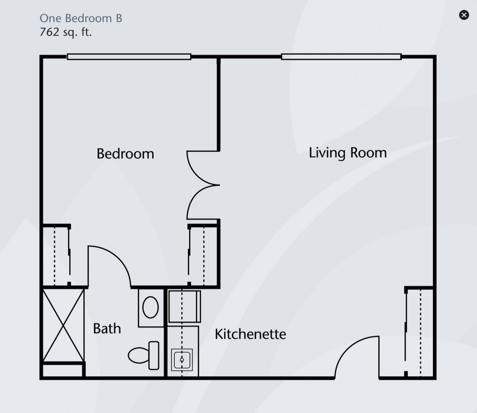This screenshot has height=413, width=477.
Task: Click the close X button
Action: coord(464,15)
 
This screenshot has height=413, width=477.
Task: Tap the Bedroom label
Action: coord(125,154)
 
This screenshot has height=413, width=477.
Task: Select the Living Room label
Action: coord(348,153)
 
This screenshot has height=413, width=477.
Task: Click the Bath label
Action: coord(107,328)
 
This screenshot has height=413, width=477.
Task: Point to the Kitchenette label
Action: coord(250,334)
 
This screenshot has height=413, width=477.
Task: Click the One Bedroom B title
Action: coord(81,18)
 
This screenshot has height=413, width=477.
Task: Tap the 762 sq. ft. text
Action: coord(66,32)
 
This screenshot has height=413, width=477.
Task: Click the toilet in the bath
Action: coord(143,355)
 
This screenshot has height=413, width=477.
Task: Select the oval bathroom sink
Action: coord(150,307)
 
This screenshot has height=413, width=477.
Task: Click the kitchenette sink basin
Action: coord(182,360)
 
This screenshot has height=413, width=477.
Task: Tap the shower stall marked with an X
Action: coord(63,325)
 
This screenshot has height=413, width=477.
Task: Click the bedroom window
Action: coord(129,57)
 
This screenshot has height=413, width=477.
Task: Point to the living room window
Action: coord(342,57)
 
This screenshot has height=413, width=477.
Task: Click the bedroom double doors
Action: coord(203,185)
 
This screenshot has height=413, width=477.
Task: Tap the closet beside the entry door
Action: coord(419,332)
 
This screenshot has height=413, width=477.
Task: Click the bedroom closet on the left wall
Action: coord(56,255)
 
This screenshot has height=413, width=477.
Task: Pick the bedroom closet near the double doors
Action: coord(203,255)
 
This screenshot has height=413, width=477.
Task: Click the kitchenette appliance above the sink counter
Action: coord(185,306)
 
